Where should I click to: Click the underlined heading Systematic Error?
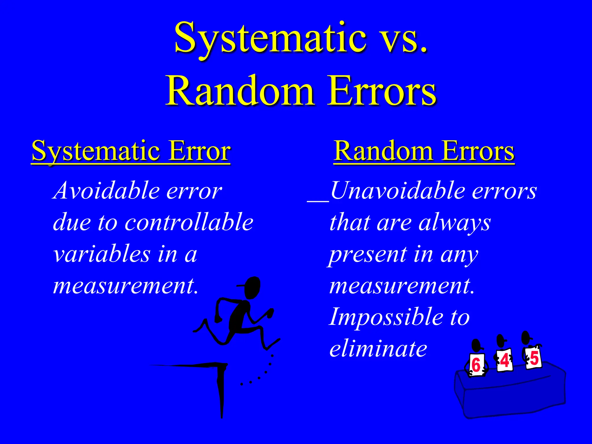[131, 151]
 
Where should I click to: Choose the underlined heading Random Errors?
[424, 151]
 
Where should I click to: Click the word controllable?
[189, 223]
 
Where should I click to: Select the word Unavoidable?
[397, 191]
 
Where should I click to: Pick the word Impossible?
[386, 317]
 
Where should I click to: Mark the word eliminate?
[378, 349]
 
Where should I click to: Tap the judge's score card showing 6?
[476, 365]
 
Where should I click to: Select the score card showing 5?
[534, 358]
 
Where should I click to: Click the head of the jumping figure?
[252, 288]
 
